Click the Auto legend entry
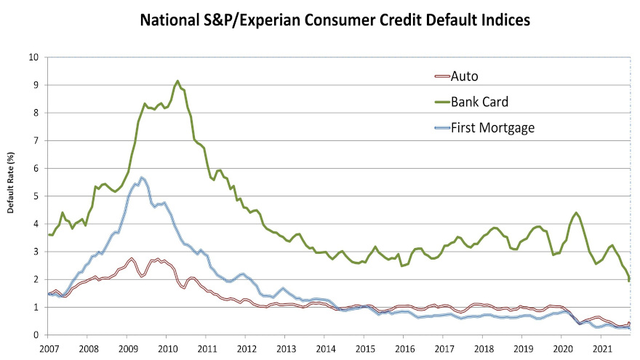click(x=463, y=76)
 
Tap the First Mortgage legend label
click(x=492, y=127)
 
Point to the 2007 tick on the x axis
click(x=48, y=348)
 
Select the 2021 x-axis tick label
click(x=601, y=348)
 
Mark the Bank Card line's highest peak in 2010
click(x=177, y=81)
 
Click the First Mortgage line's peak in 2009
click(x=142, y=177)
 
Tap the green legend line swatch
click(x=441, y=102)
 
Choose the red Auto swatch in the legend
click(x=441, y=76)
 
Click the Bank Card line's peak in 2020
click(x=576, y=212)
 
